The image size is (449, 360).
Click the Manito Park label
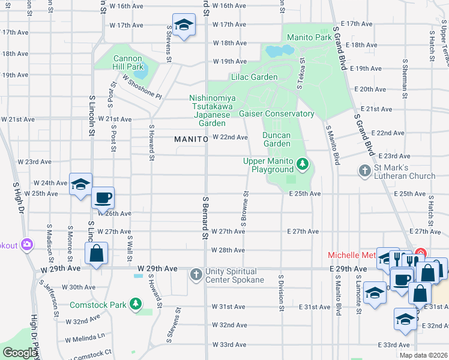tap(309, 37)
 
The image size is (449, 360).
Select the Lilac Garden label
tap(255, 77)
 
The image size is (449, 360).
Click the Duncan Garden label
tap(277, 139)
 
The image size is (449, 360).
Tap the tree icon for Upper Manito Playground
tap(303, 163)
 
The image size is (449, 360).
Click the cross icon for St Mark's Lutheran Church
tap(364, 171)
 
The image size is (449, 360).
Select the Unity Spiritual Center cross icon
tap(196, 275)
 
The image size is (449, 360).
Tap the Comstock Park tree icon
tap(136, 304)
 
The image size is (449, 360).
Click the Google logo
tap(20, 353)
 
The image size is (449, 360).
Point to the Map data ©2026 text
tap(423, 355)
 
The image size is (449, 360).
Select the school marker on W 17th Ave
tap(183, 25)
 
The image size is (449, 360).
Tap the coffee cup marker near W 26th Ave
tap(103, 197)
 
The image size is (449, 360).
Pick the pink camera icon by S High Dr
tap(26, 244)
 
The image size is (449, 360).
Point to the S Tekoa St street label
tap(302, 74)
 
